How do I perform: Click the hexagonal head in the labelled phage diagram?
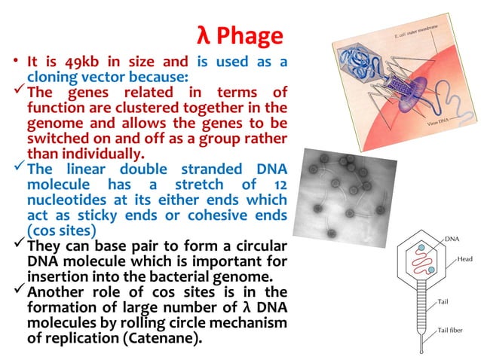coord(413,262)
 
